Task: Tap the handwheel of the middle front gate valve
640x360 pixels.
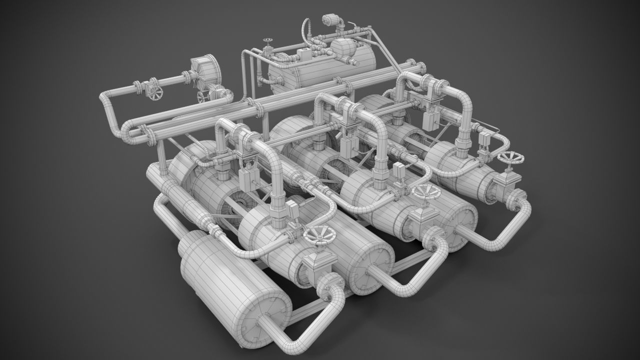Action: coord(424,192)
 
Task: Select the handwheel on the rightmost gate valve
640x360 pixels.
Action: coord(511,159)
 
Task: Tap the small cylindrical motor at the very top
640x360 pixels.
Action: coord(331,20)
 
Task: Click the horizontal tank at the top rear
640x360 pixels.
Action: coord(325,70)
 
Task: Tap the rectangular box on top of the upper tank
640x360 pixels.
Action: coord(303,54)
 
